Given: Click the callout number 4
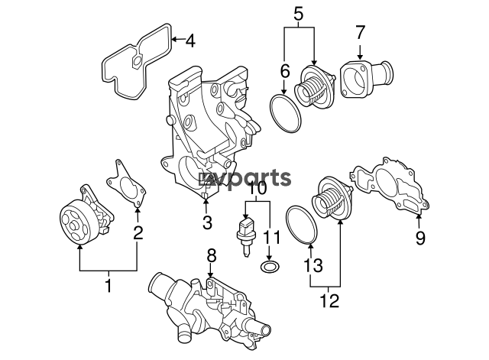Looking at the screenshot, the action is pyautogui.click(x=190, y=41).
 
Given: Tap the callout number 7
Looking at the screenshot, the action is pyautogui.click(x=360, y=32).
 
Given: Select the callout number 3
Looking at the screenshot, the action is pyautogui.click(x=207, y=222).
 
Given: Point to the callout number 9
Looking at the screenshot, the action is pyautogui.click(x=420, y=238).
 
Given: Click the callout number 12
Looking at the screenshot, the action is pyautogui.click(x=329, y=300).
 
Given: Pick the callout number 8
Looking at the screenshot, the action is pyautogui.click(x=211, y=256).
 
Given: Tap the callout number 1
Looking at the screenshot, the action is pyautogui.click(x=108, y=286).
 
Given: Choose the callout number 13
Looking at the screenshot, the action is pyautogui.click(x=313, y=265).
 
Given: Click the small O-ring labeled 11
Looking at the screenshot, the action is pyautogui.click(x=270, y=267).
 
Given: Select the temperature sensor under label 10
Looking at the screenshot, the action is pyautogui.click(x=246, y=236).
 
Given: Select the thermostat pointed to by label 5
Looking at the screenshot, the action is pyautogui.click(x=315, y=87).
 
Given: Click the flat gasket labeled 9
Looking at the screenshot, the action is pyautogui.click(x=391, y=186).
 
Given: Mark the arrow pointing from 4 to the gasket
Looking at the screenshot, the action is pyautogui.click(x=178, y=39).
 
